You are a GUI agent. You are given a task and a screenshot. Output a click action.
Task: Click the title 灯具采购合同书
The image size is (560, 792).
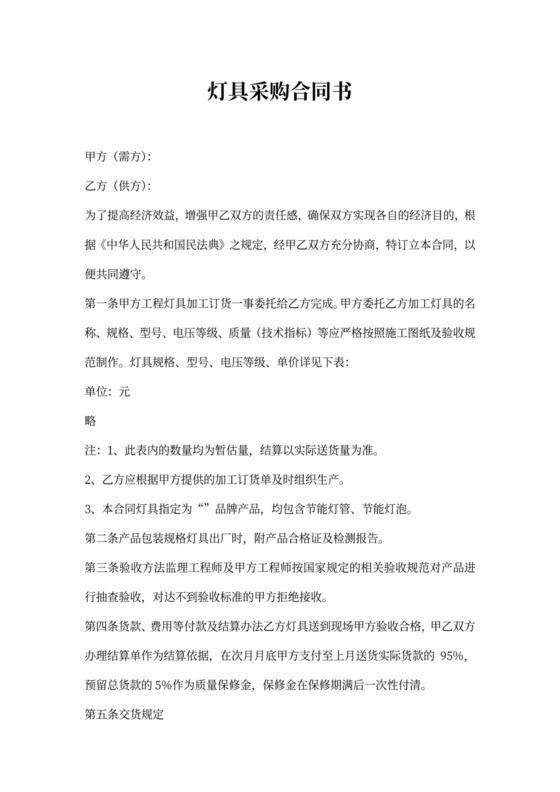(x=280, y=93)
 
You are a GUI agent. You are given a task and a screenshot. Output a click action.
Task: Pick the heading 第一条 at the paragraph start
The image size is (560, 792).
(x=101, y=303)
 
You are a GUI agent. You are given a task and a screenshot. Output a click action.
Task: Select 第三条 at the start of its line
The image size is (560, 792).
(x=101, y=568)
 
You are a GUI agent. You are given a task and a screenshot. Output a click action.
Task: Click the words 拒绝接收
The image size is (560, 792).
(x=294, y=597)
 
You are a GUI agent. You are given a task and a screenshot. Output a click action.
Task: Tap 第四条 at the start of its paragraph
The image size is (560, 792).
(x=101, y=626)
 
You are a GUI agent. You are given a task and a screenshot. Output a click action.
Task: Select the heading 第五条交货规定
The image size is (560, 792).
(x=124, y=715)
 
